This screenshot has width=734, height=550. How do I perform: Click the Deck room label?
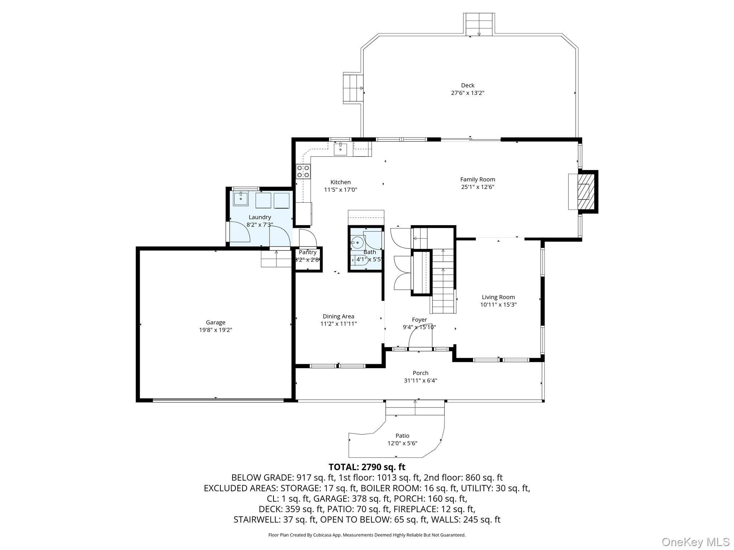(467, 85)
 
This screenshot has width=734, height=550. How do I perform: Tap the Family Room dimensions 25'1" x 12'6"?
(477, 187)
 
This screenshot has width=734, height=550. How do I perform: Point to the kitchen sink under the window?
(340, 148)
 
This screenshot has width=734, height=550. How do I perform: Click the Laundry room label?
(259, 217)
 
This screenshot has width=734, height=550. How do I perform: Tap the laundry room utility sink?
(240, 198)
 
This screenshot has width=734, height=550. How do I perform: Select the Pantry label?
(308, 252)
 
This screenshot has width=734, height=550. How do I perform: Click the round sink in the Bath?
(357, 243)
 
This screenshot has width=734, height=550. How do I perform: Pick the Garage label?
(215, 322)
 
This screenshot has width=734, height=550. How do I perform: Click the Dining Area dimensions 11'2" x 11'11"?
(338, 324)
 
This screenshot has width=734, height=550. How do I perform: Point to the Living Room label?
(498, 297)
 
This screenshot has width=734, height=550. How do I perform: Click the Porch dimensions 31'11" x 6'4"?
(420, 381)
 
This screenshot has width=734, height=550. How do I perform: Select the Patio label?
(402, 436)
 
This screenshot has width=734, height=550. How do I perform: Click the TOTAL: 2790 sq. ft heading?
(367, 467)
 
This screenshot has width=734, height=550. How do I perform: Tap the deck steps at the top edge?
(479, 24)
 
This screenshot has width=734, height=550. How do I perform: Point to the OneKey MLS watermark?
(695, 542)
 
